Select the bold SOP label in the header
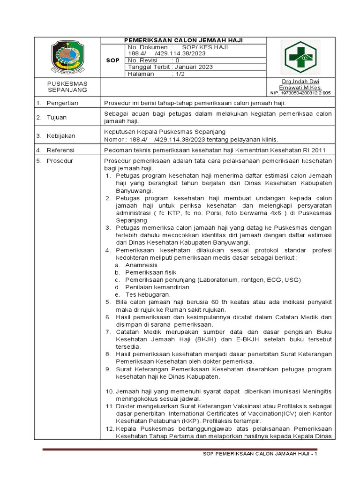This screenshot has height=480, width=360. tap(112, 60)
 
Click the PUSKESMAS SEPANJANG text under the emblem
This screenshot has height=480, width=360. tap(67, 87)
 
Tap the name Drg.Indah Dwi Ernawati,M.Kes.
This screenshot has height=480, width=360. tap(306, 84)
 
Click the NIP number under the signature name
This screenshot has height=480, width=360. tap(307, 93)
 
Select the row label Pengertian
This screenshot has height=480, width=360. tap(62, 103)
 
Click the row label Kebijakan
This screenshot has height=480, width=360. tap(60, 136)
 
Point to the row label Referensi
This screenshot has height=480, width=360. tap(60, 150)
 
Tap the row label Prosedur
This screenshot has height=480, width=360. tap(60, 161)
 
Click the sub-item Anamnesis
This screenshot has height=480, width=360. tap(142, 265)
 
